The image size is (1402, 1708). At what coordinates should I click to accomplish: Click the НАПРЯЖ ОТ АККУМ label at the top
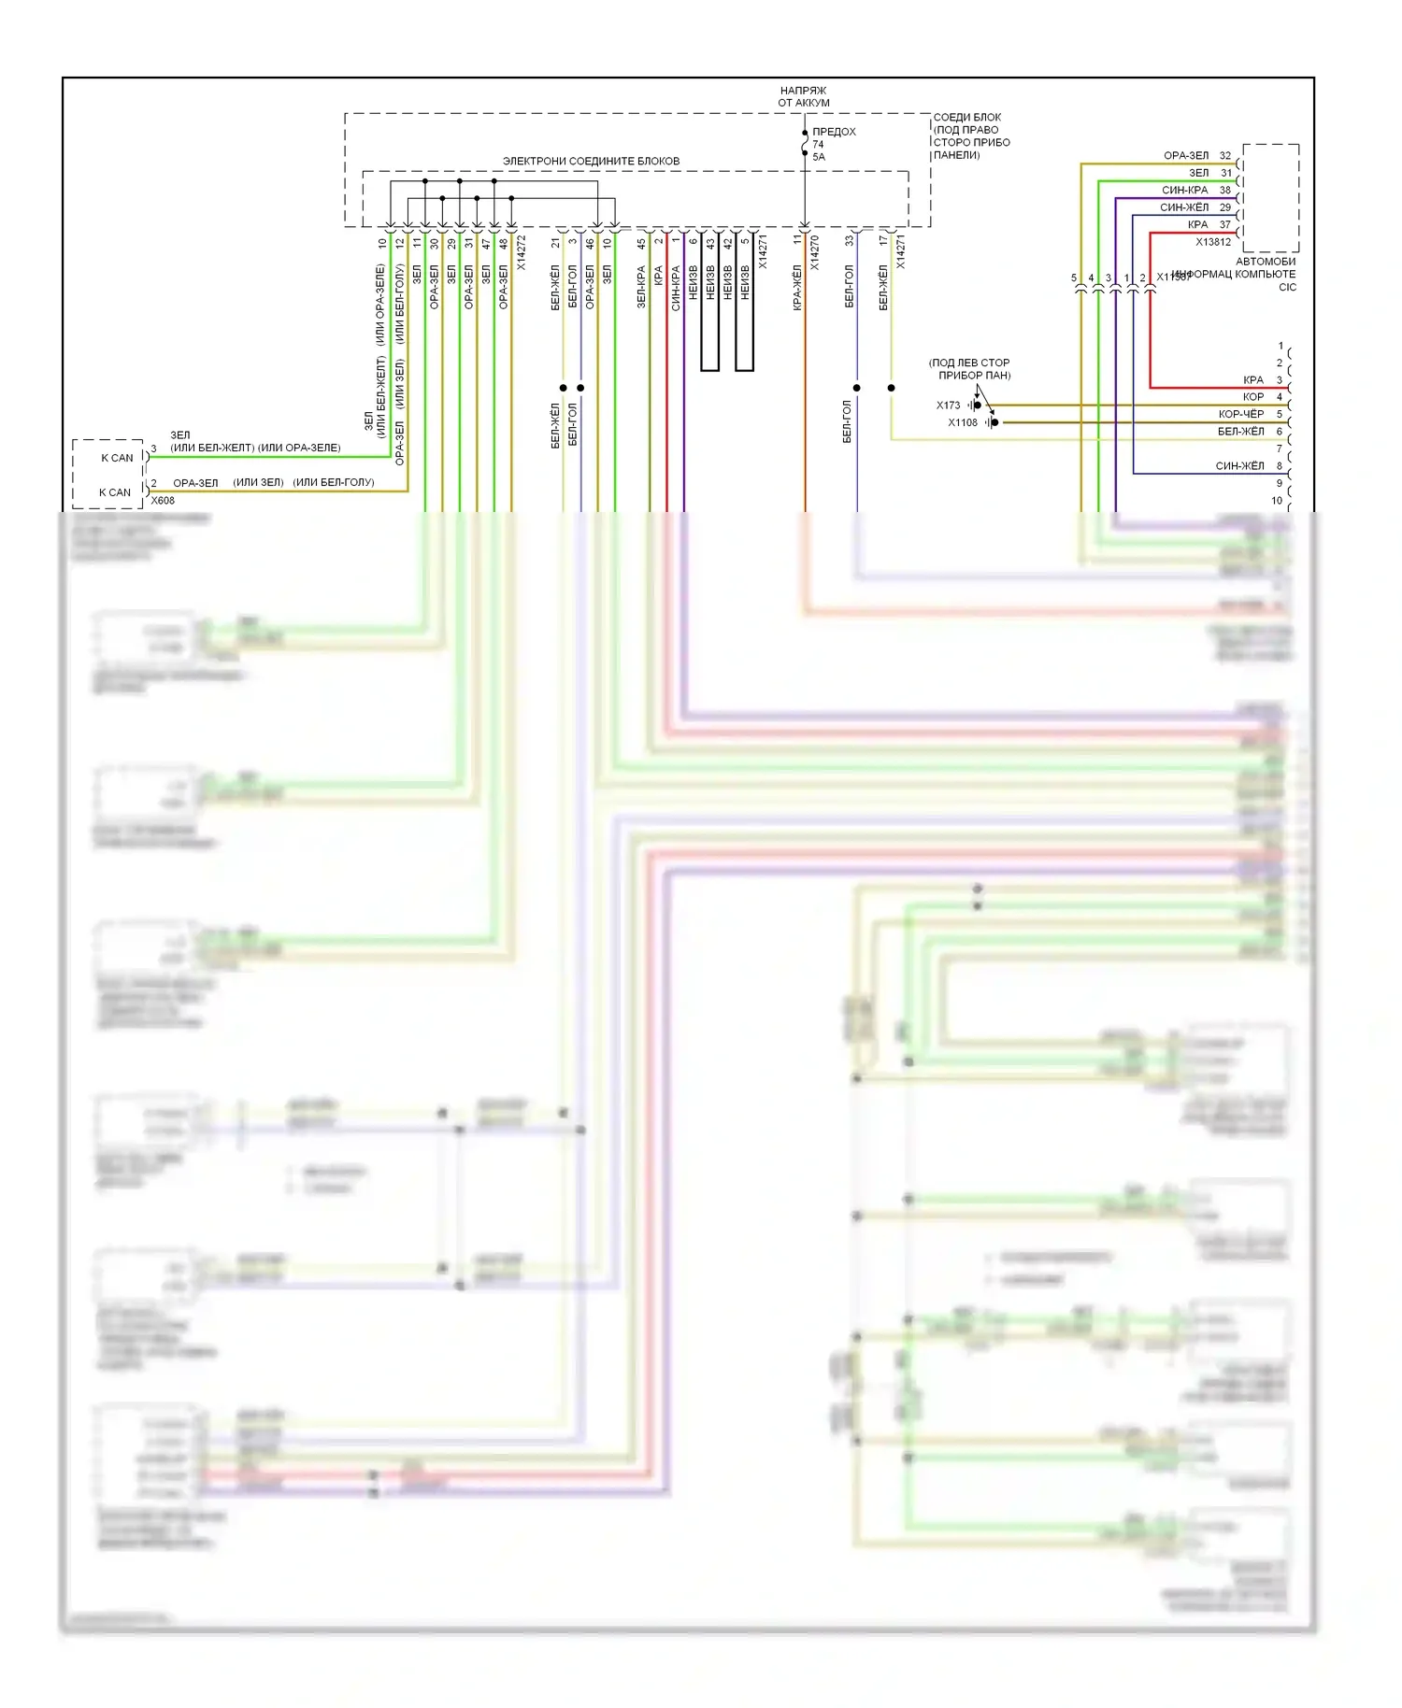803,96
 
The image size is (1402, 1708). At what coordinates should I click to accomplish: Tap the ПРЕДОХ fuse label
834,132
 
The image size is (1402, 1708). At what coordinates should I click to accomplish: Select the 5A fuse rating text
819,157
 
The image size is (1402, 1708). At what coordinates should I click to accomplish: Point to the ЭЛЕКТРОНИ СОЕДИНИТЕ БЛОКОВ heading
591,162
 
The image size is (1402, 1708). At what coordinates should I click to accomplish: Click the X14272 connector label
522,252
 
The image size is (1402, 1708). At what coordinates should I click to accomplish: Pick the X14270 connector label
815,252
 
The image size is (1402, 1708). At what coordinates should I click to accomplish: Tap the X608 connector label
163,501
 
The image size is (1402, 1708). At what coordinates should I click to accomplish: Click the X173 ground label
948,406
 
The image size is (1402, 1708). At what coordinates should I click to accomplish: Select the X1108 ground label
963,423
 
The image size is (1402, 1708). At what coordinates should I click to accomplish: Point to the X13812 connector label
1213,242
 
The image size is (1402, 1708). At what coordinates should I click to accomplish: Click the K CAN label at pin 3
117,458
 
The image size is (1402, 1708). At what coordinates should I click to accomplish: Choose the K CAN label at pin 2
115,492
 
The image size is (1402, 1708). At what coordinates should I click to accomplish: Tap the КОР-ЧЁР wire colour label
1240,414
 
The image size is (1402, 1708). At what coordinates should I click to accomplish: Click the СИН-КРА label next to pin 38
1184,190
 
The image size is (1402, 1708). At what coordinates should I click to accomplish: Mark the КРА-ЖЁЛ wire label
797,287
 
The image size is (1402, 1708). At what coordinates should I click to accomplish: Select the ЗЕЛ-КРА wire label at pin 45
641,287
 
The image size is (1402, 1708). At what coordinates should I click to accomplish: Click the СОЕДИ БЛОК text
967,118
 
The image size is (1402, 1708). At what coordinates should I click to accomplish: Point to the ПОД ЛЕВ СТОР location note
969,363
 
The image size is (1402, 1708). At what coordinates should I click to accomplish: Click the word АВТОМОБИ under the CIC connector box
1266,262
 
